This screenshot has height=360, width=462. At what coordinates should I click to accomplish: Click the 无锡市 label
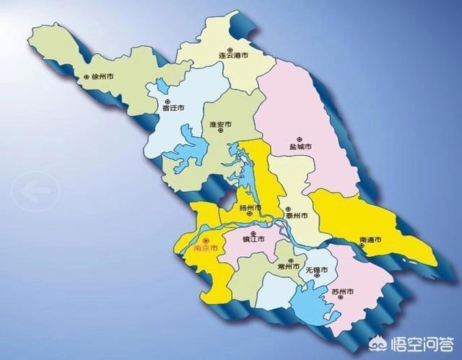point(316,270)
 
